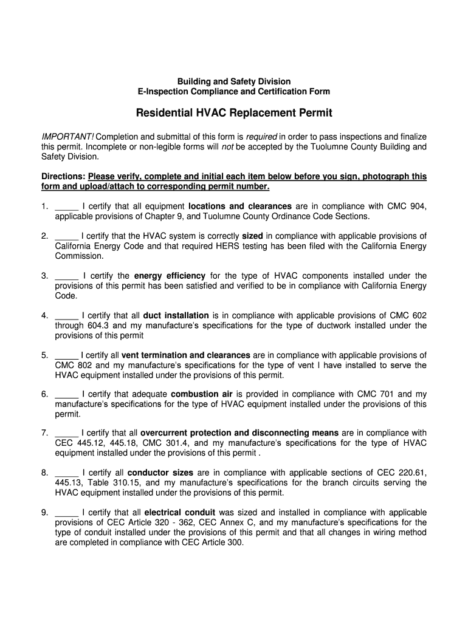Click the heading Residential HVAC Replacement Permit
pos(234,114)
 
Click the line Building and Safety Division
pos(234,81)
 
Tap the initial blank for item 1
pos(66,207)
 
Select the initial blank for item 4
pos(66,316)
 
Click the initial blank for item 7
pos(66,433)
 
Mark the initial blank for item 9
pos(66,513)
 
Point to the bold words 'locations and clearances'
pos(240,207)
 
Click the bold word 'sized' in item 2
pos(252,236)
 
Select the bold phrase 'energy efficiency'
pos(170,276)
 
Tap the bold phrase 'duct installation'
pos(176,316)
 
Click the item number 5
pos(45,355)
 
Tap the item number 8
pos(45,473)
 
